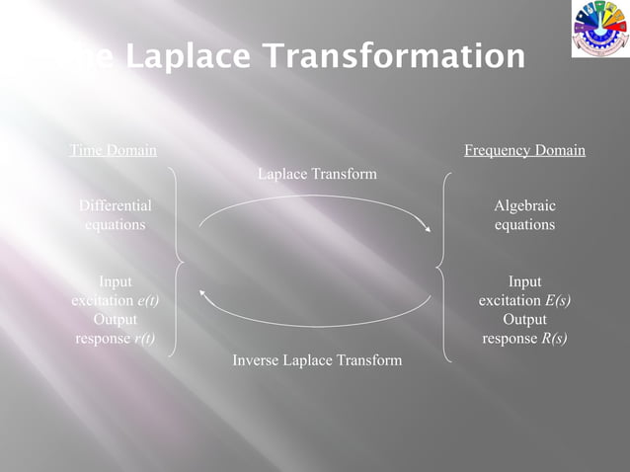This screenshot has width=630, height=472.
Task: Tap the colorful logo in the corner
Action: pyautogui.click(x=598, y=30)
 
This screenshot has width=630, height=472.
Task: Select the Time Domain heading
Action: pyautogui.click(x=113, y=151)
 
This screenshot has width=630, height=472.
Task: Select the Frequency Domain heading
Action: pyautogui.click(x=524, y=151)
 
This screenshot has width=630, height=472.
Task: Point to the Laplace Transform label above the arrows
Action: pyautogui.click(x=317, y=174)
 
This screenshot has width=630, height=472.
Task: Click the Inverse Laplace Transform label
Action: pyautogui.click(x=317, y=360)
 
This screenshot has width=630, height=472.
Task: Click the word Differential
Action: pyautogui.click(x=116, y=205)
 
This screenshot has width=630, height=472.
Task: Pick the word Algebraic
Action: pyautogui.click(x=524, y=205)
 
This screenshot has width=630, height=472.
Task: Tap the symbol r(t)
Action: pyautogui.click(x=143, y=339)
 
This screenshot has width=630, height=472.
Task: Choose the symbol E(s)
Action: pyautogui.click(x=558, y=300)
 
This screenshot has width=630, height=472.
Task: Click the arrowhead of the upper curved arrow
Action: pyautogui.click(x=429, y=230)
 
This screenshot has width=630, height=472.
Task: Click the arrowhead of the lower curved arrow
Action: pyautogui.click(x=202, y=290)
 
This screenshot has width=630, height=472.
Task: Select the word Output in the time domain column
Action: pyautogui.click(x=116, y=320)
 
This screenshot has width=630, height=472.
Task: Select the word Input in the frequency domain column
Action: pyautogui.click(x=524, y=281)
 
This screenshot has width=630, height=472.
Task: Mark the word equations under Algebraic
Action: pyautogui.click(x=524, y=225)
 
